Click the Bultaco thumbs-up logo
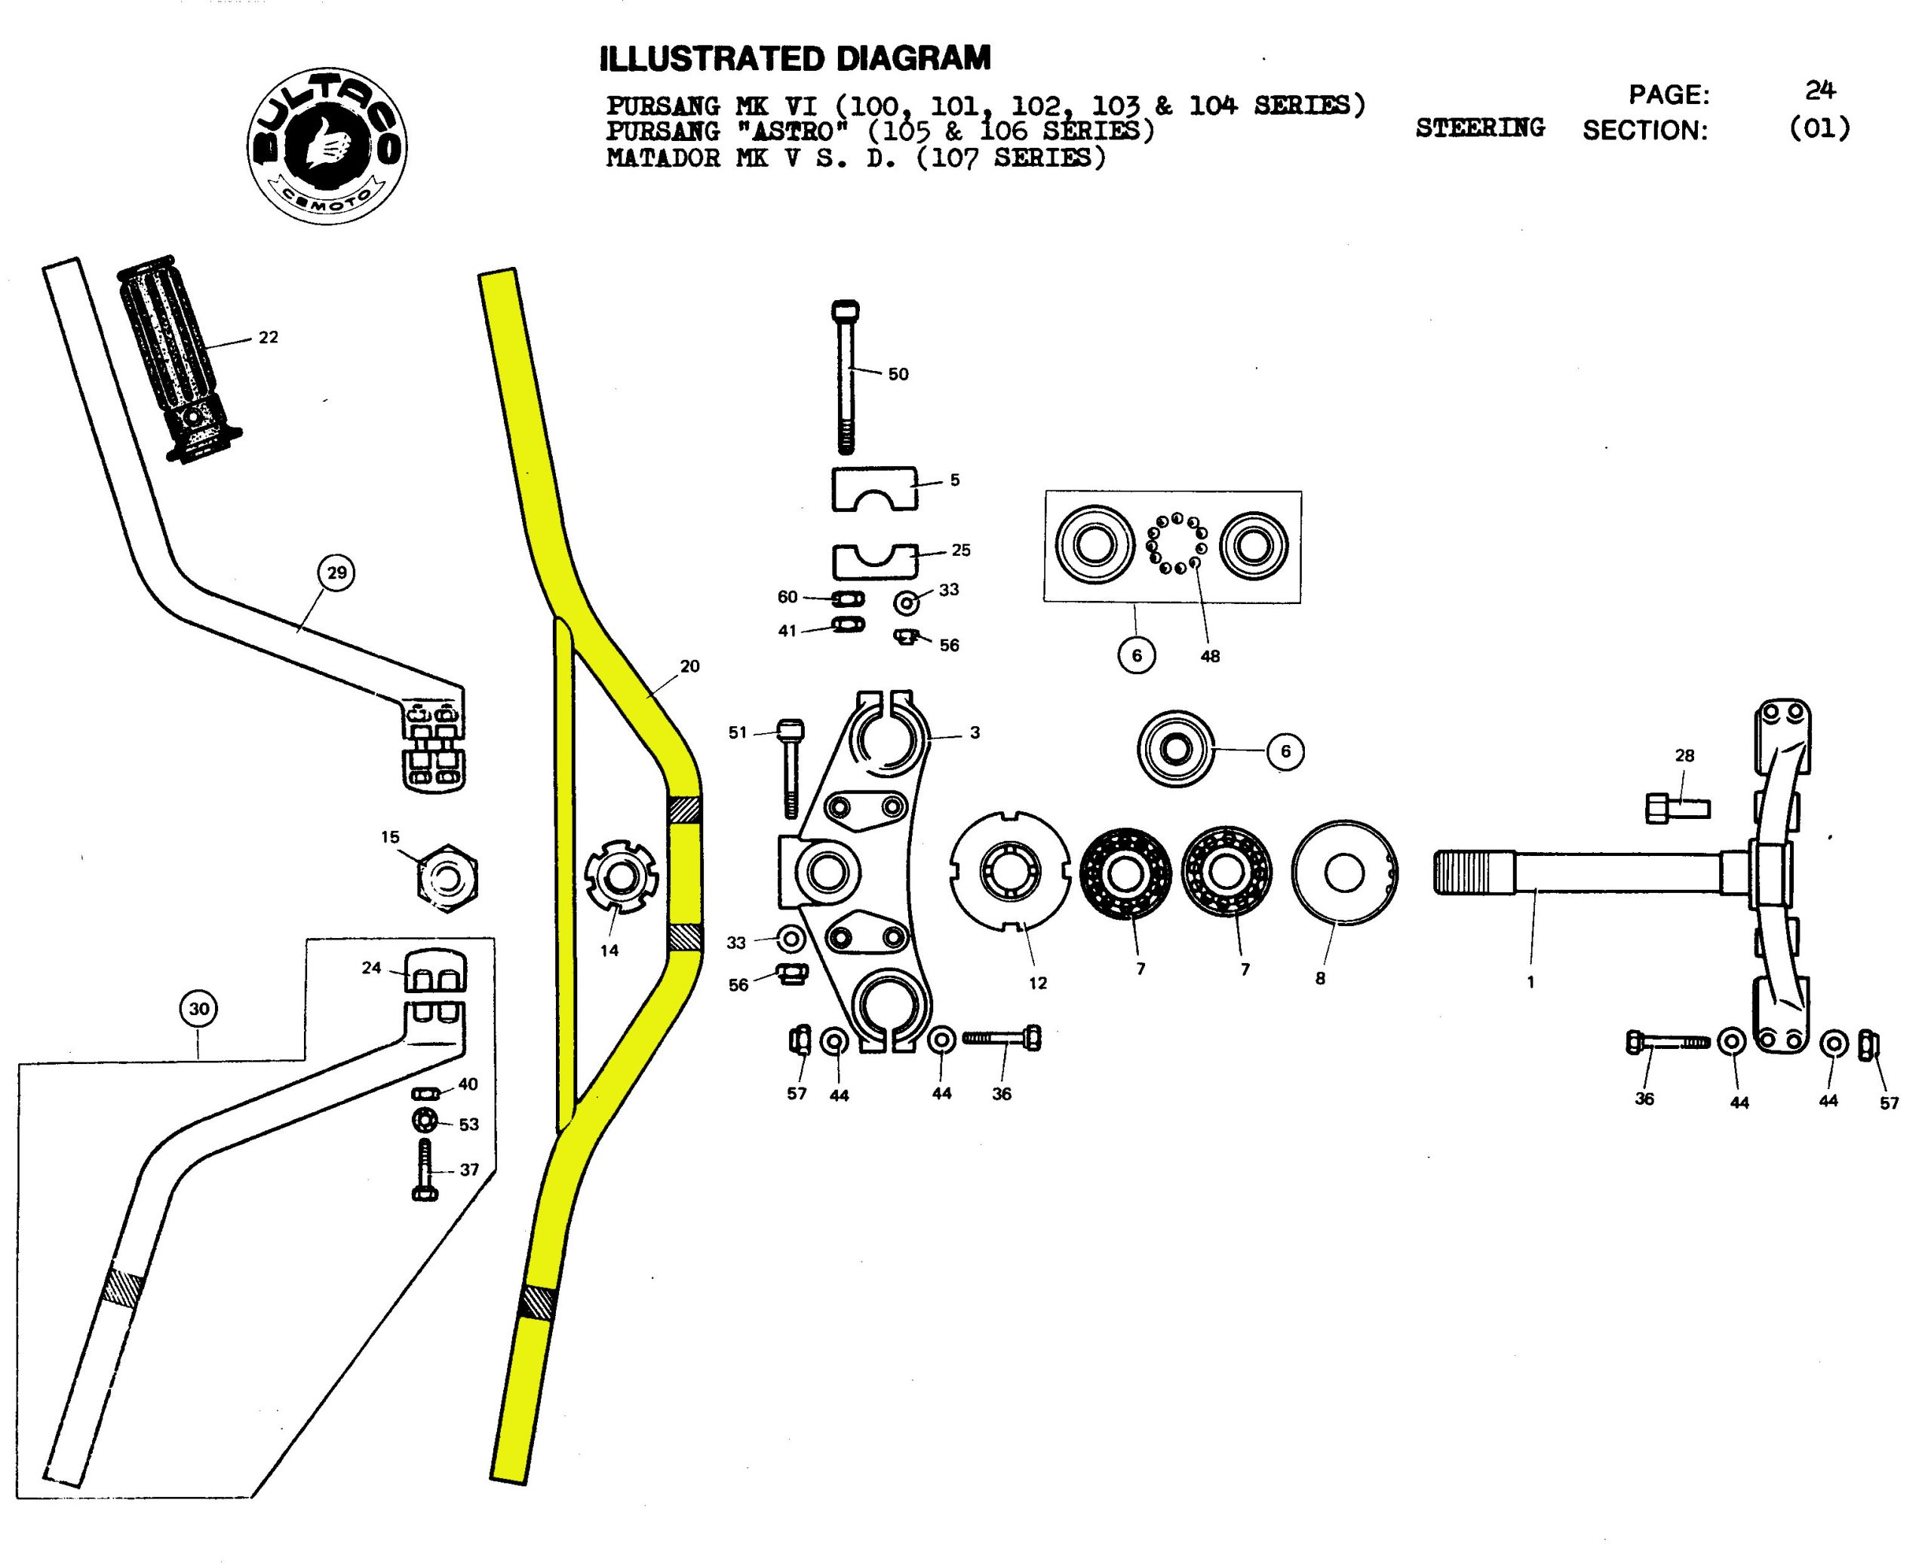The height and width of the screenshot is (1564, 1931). pos(326,146)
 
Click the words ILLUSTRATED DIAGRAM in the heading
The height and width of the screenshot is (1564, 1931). pos(795,59)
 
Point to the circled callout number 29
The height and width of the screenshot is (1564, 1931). pos(336,573)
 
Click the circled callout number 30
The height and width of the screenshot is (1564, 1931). pos(199,1009)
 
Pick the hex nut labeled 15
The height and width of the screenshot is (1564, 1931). pos(448,879)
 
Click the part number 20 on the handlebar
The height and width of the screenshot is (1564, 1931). pos(689,667)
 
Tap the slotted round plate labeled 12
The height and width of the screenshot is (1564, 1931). pos(1011,870)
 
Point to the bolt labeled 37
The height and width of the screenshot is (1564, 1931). pos(425,1170)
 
